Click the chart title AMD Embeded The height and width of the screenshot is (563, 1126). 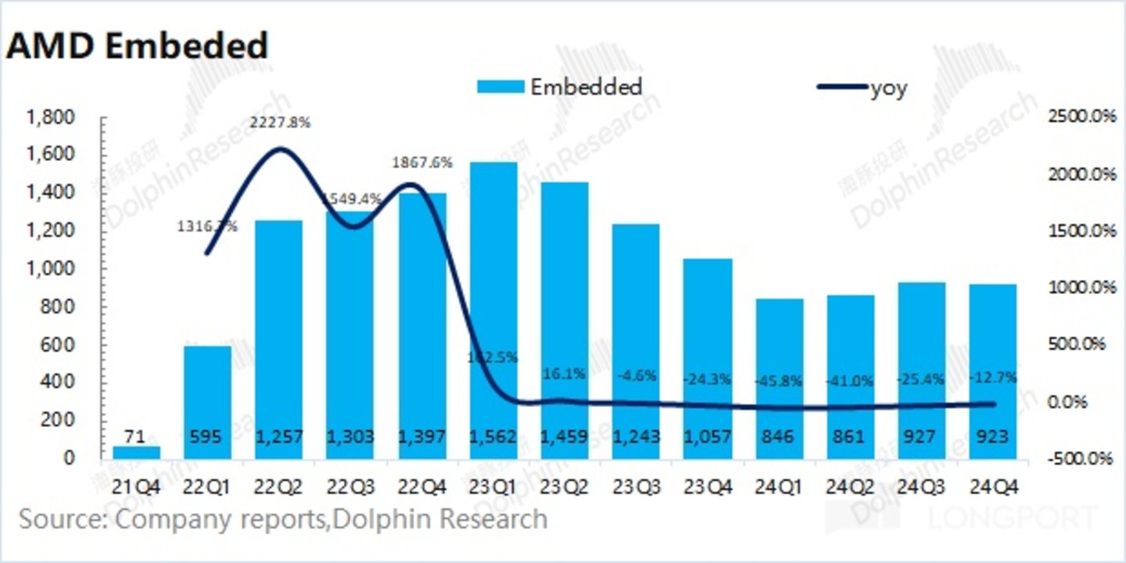pyautogui.click(x=137, y=46)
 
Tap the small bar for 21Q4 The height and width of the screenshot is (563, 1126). pyautogui.click(x=136, y=452)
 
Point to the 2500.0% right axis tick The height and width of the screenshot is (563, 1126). pyautogui.click(x=1080, y=117)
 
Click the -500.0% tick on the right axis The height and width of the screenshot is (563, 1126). pyautogui.click(x=1080, y=458)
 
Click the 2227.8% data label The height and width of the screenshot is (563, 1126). pyautogui.click(x=279, y=123)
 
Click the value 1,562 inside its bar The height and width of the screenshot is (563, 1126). pyautogui.click(x=494, y=436)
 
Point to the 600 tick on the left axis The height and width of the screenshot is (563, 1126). pyautogui.click(x=59, y=345)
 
